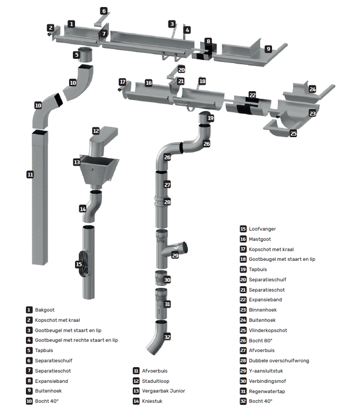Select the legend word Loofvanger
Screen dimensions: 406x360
coord(262,229)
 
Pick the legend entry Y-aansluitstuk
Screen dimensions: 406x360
coord(266,371)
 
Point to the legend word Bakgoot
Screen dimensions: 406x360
coord(45,310)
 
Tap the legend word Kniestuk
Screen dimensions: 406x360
coord(153,401)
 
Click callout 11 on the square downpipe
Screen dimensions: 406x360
coord(30,174)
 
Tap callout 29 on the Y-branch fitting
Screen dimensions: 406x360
coord(175,255)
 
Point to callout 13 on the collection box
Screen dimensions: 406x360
coord(77,162)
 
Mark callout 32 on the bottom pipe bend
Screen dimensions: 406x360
coord(167,336)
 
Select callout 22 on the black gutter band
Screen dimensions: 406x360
coord(252,95)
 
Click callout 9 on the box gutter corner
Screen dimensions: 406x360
coord(268,49)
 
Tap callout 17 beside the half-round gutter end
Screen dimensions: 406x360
coord(123,82)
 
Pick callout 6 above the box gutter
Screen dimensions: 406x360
coord(104,11)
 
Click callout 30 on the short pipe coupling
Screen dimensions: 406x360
coord(167,280)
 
